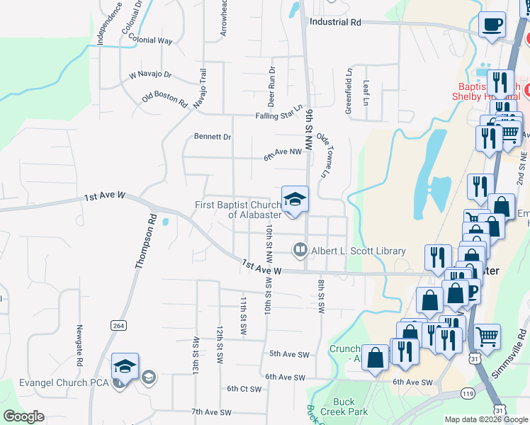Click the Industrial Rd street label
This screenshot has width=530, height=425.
[335, 22]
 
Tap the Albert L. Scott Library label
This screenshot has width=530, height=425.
[359, 251]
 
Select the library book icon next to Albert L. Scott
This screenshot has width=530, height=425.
[300, 249]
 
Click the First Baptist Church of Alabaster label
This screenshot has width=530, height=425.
[238, 210]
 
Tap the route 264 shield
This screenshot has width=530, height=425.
[118, 324]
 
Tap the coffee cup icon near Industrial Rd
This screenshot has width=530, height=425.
[491, 24]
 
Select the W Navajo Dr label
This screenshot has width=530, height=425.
[150, 74]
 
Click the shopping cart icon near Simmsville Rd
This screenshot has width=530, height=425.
[486, 335]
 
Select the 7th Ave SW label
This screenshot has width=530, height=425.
[211, 412]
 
